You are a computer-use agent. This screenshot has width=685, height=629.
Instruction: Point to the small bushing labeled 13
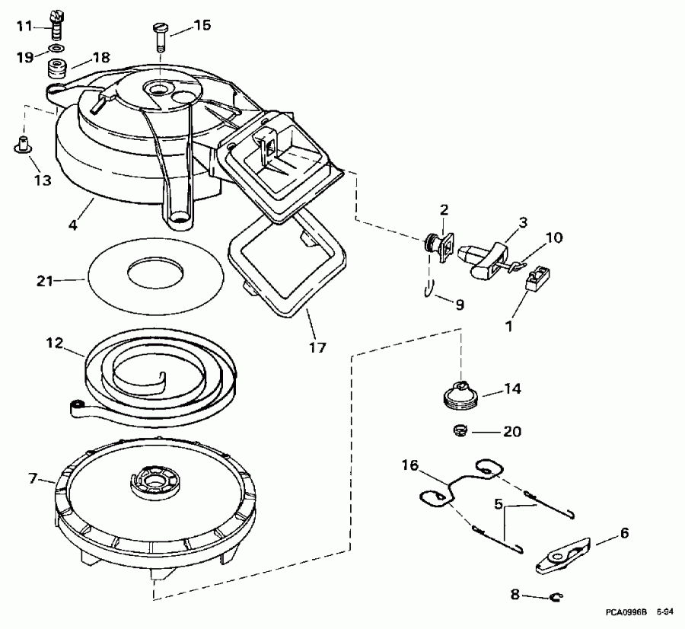(23, 143)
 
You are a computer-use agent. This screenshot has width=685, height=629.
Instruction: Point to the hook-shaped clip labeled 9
(430, 290)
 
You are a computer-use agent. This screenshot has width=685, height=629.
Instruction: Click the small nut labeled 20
(460, 431)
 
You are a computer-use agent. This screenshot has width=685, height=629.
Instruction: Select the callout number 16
(410, 464)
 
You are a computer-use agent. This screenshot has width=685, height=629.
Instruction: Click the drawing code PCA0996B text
(626, 611)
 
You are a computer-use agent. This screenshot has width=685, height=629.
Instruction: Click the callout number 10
(554, 238)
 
